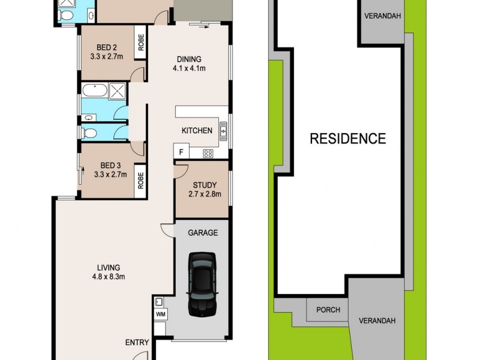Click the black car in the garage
click(202, 284)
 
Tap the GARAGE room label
click(203, 233)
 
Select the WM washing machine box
click(160, 314)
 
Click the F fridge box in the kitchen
click(181, 152)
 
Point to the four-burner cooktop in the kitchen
click(208, 153)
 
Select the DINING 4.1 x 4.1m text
click(189, 64)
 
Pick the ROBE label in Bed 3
click(142, 181)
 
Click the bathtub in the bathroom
click(94, 92)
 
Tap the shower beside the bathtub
click(118, 91)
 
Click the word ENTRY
click(137, 343)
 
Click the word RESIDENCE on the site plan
click(347, 139)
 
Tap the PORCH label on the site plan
click(328, 310)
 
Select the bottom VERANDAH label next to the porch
click(377, 320)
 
